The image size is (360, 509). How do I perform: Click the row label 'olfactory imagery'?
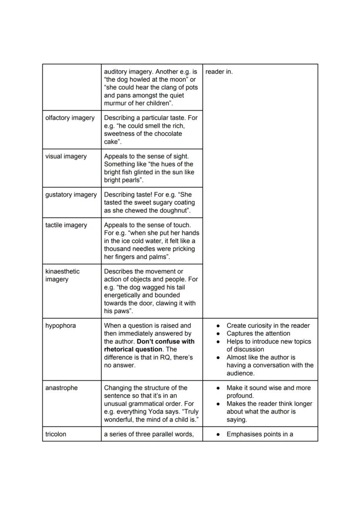70,118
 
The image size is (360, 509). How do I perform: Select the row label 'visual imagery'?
66,156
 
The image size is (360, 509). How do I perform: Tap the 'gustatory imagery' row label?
71,194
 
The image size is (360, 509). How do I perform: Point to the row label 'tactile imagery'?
66,225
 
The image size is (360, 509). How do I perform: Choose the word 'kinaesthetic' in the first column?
62,271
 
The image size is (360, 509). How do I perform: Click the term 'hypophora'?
60,326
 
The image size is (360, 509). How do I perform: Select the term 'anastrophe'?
61,388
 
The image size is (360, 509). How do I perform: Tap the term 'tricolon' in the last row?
56,434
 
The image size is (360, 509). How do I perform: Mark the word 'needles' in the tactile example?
145,249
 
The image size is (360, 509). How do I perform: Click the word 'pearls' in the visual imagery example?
133,180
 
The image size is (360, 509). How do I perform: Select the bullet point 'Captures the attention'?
258,333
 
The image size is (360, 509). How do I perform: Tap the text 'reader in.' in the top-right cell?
219,72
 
